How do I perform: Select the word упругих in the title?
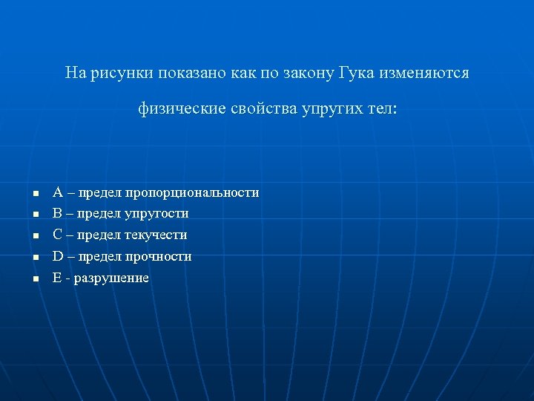(331, 109)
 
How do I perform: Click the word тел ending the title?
(381, 109)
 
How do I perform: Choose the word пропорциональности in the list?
(192, 193)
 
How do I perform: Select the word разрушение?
(111, 278)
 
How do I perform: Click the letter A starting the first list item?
(57, 192)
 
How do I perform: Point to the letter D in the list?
(57, 257)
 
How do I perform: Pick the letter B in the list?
(57, 214)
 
